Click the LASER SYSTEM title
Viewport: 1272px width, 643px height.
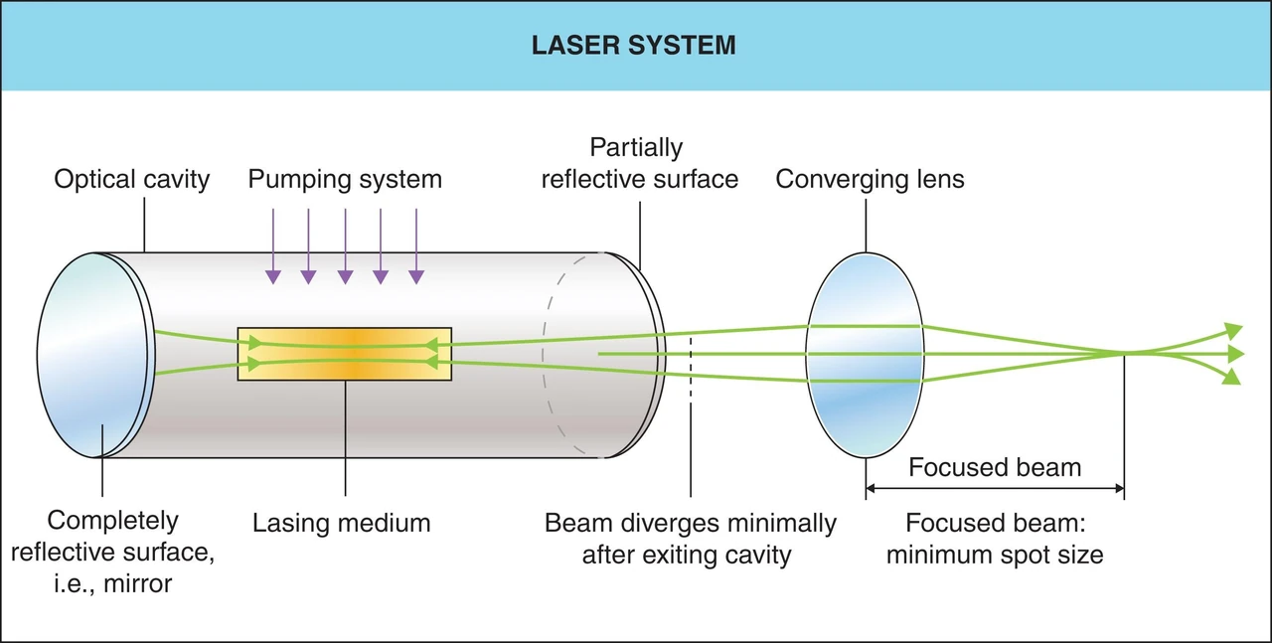(633, 45)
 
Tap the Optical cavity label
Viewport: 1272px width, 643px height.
(132, 180)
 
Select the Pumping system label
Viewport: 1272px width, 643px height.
(345, 180)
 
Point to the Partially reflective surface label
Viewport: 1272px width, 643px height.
(639, 163)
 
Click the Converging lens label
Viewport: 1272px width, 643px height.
(870, 180)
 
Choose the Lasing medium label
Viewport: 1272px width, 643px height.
(341, 523)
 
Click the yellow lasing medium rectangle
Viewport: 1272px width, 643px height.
(345, 354)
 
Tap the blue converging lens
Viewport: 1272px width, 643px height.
(865, 355)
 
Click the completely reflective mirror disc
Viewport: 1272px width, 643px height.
(94, 355)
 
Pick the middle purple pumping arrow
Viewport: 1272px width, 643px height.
(345, 245)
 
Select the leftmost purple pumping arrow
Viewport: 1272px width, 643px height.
(273, 245)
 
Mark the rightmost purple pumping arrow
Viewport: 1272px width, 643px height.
(416, 245)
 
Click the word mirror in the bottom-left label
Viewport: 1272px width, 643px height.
(137, 584)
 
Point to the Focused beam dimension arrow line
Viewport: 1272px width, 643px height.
(995, 488)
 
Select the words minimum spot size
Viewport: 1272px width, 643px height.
(995, 555)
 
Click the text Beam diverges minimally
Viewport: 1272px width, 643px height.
(690, 523)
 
